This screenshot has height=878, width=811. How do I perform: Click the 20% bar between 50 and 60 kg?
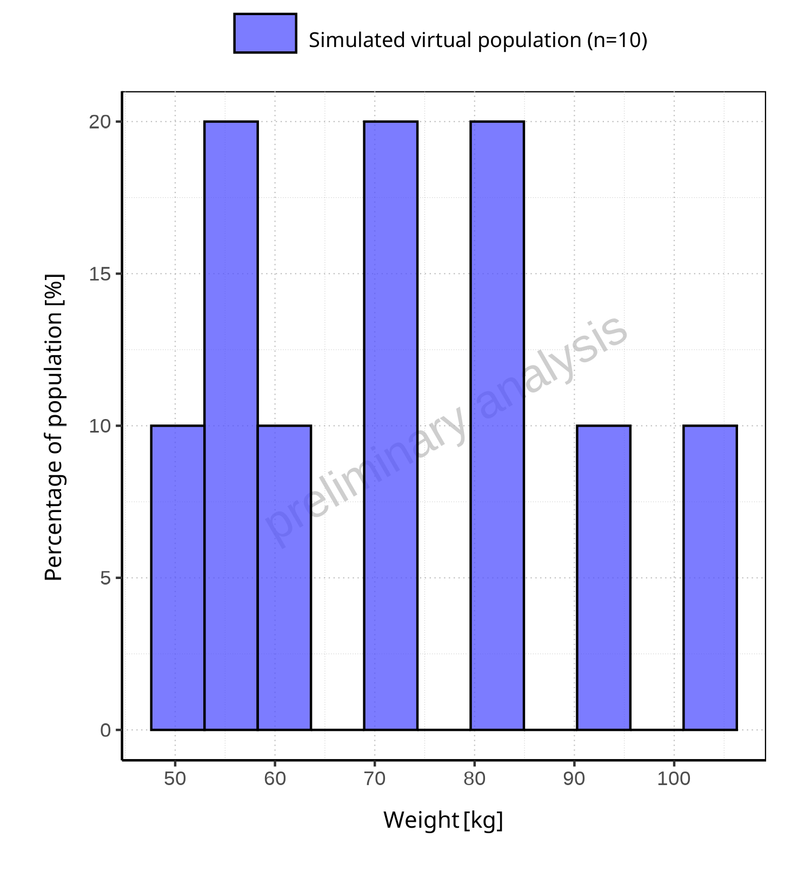231,425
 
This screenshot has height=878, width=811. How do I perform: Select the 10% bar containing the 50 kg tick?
178,577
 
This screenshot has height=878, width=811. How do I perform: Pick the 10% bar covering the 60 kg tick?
284,577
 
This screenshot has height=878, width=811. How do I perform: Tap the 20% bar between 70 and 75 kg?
391,425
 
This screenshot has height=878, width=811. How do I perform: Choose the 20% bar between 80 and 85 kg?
497,425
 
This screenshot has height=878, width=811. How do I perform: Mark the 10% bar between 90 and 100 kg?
603,577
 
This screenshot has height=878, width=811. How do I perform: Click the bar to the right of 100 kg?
710,577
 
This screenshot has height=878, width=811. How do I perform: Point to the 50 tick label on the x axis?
175,779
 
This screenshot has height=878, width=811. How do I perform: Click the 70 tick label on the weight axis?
375,779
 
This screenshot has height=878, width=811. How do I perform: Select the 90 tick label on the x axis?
574,779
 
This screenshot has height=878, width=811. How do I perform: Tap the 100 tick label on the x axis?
674,779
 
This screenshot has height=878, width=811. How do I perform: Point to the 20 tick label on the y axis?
100,122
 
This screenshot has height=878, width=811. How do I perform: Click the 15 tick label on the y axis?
100,274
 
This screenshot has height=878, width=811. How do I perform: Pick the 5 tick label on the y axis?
105,578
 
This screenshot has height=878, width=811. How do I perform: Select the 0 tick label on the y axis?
105,730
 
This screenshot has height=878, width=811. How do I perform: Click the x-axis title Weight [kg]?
443,820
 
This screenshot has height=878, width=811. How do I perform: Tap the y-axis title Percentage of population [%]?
54,427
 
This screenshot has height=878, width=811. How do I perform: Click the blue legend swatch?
265,34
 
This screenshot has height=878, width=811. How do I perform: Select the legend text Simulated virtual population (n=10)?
478,40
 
